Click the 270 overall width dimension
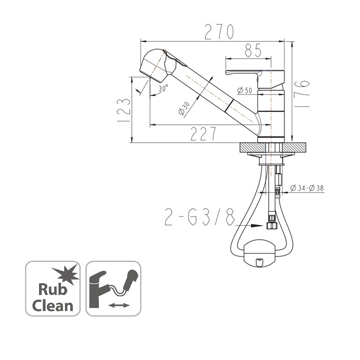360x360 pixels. pos(219,32)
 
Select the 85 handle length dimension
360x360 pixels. pos(253,50)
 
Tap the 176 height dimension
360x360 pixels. pos(301,93)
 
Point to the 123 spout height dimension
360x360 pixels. pos(124,110)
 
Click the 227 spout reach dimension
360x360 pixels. pos(203,134)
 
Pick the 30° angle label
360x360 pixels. pos(164,88)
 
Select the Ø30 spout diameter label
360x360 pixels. pos(184,108)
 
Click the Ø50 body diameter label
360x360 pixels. pos(245,91)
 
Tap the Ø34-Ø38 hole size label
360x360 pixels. pos(307,188)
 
